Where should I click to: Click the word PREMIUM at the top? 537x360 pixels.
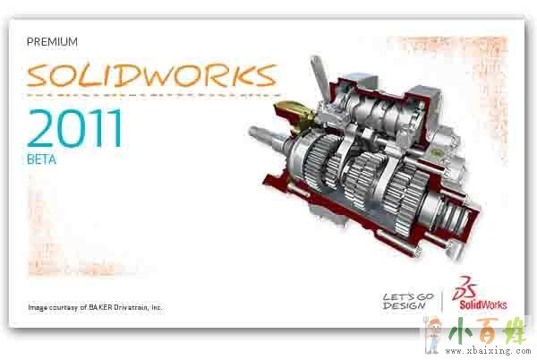click(52, 42)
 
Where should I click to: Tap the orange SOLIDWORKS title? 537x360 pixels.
click(152, 75)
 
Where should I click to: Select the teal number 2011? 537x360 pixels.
click(74, 128)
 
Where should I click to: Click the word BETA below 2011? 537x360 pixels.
click(41, 159)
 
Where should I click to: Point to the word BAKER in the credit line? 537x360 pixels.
click(100, 307)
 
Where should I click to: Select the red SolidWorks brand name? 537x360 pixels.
click(483, 304)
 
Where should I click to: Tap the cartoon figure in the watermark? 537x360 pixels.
click(431, 335)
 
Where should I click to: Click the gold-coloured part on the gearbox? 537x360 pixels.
click(294, 115)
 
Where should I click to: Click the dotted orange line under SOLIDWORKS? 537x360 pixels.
click(154, 95)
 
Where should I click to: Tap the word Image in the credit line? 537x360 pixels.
click(38, 307)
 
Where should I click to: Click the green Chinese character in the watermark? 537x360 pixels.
click(460, 331)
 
